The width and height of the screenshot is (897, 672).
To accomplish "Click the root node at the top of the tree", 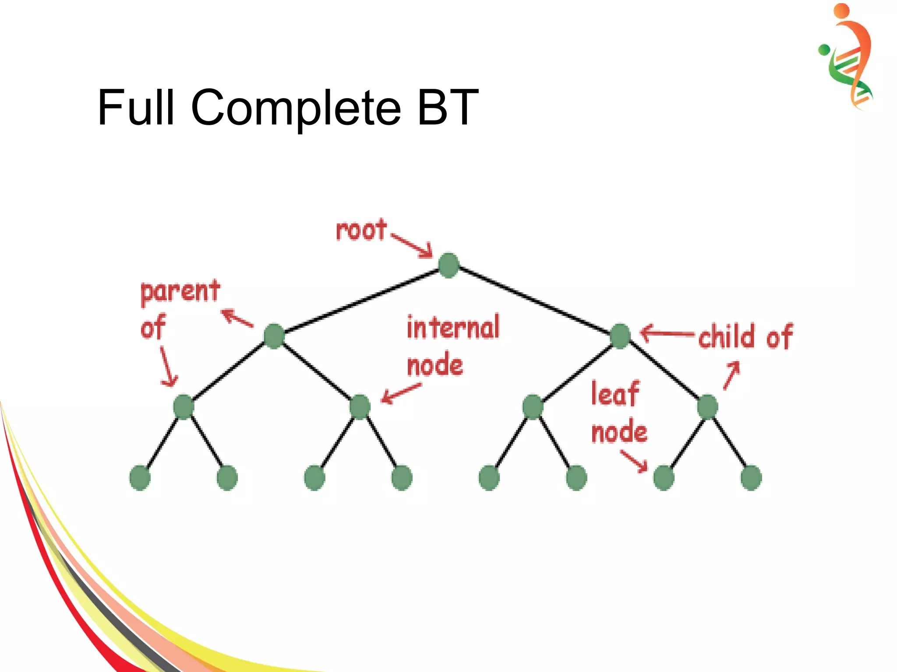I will click(448, 265).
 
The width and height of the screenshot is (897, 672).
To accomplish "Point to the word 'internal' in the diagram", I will click(453, 327).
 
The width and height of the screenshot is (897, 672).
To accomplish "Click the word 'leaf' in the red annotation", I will click(615, 394).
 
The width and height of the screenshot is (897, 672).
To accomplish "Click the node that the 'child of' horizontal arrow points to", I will click(620, 336).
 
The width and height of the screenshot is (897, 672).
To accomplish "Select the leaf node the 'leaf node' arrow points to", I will click(664, 478).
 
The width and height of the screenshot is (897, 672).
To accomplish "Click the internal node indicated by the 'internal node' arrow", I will click(360, 407).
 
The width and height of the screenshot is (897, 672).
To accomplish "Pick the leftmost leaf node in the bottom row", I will click(140, 478).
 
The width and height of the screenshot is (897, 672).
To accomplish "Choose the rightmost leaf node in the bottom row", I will click(751, 478).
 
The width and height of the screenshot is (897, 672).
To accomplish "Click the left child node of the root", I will click(274, 336).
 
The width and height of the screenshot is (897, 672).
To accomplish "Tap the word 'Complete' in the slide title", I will click(296, 108).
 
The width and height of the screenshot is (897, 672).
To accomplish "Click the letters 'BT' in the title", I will click(448, 107).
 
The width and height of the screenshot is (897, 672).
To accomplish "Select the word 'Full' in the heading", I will click(136, 107).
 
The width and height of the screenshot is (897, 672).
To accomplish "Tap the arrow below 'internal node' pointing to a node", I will click(401, 393).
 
